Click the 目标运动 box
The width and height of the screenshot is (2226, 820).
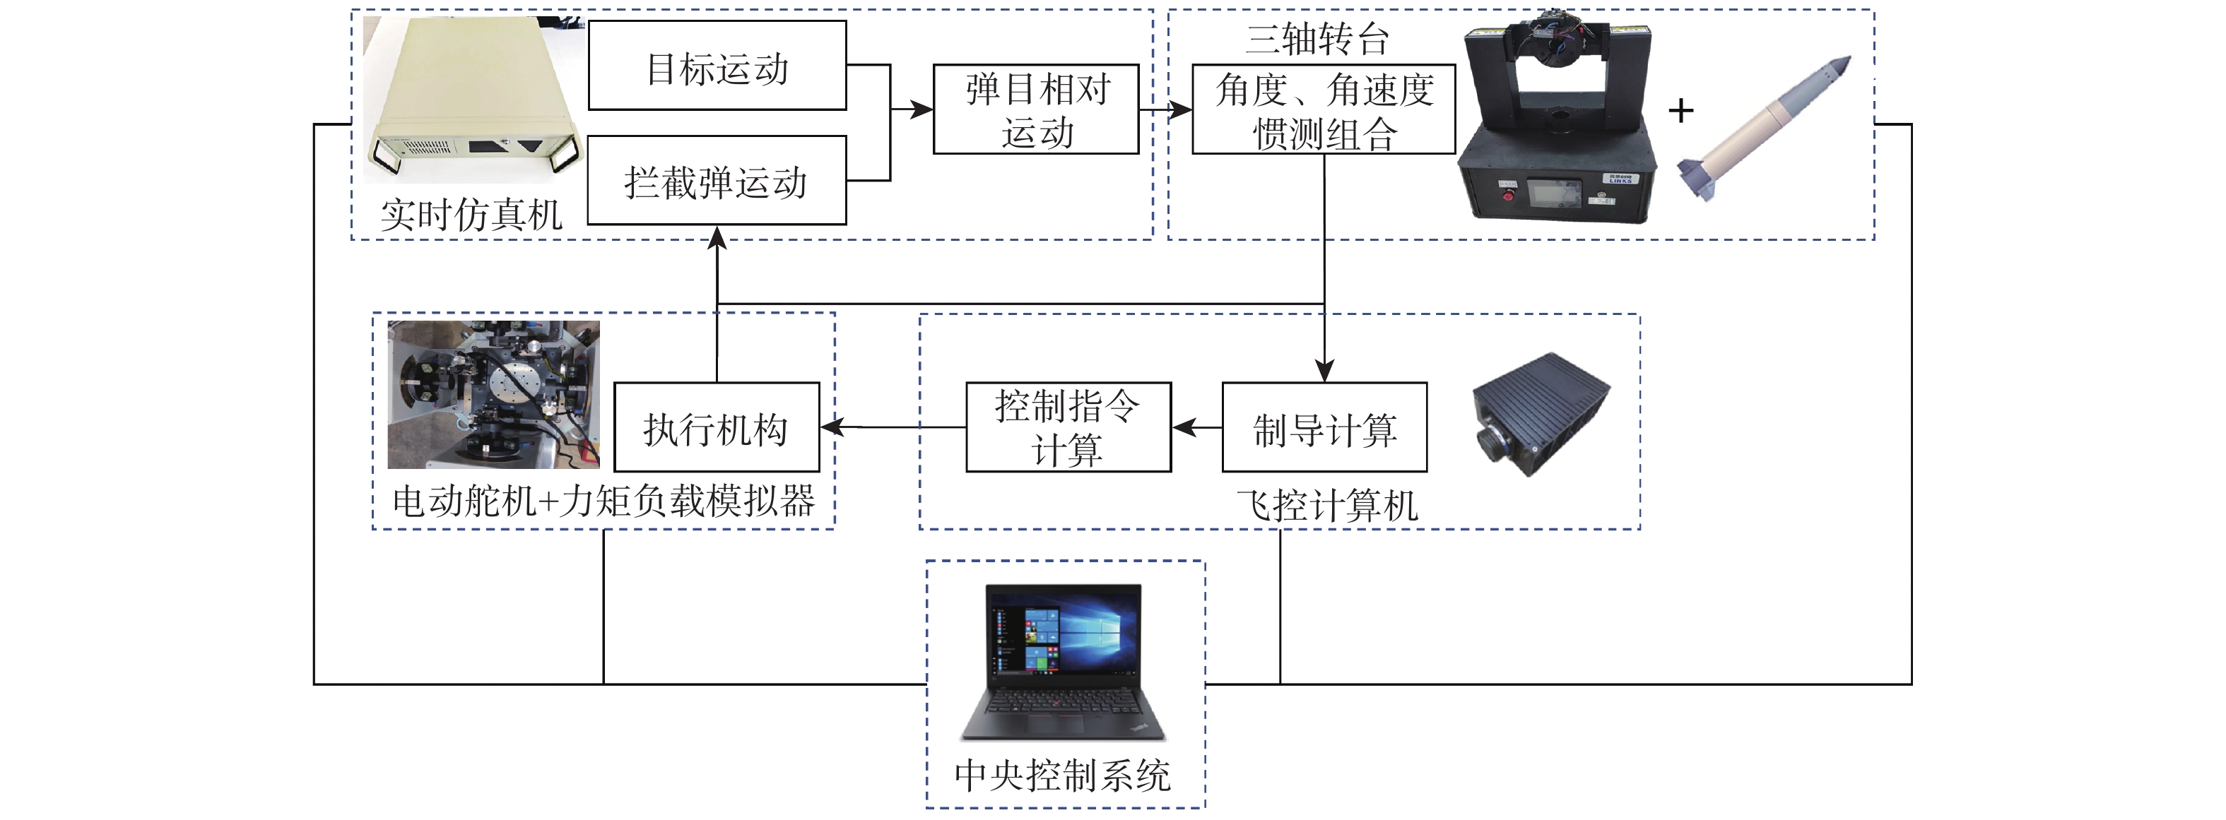pyautogui.click(x=717, y=66)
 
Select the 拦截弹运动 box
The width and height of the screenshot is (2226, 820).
pyautogui.click(x=717, y=181)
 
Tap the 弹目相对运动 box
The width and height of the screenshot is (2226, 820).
pyautogui.click(x=1036, y=109)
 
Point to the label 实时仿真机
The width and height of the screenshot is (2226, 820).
pyautogui.click(x=471, y=214)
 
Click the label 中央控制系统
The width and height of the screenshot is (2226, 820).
pyautogui.click(x=1062, y=775)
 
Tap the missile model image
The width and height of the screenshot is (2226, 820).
pyautogui.click(x=1763, y=130)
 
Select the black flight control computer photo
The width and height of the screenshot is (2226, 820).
pyautogui.click(x=1541, y=413)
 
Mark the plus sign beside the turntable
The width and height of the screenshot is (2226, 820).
pyautogui.click(x=1680, y=111)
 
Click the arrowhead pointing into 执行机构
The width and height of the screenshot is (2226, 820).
pyautogui.click(x=830, y=427)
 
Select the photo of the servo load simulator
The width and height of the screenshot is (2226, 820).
pyautogui.click(x=493, y=395)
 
